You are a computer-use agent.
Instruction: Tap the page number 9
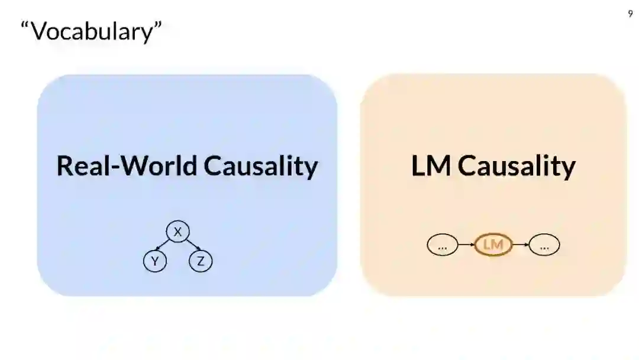(x=630, y=14)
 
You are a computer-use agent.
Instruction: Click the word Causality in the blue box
(x=261, y=166)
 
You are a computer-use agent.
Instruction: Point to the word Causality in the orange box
(x=517, y=166)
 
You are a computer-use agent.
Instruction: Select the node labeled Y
(x=154, y=261)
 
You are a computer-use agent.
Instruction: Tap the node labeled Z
(x=201, y=261)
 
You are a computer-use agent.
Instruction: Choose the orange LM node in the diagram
(x=493, y=245)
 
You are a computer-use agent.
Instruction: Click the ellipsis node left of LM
(x=442, y=245)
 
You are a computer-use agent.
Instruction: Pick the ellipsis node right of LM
(x=544, y=245)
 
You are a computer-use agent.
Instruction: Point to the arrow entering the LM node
(x=466, y=245)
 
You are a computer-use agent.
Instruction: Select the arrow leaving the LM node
(x=520, y=245)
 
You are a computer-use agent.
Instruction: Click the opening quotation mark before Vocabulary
(x=25, y=27)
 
